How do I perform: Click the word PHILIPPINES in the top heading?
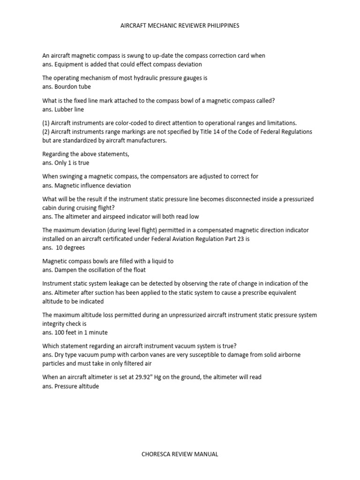(220, 26)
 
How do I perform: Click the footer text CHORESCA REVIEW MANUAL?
(180, 454)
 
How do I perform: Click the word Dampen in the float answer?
(66, 270)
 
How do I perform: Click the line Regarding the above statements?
(86, 154)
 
